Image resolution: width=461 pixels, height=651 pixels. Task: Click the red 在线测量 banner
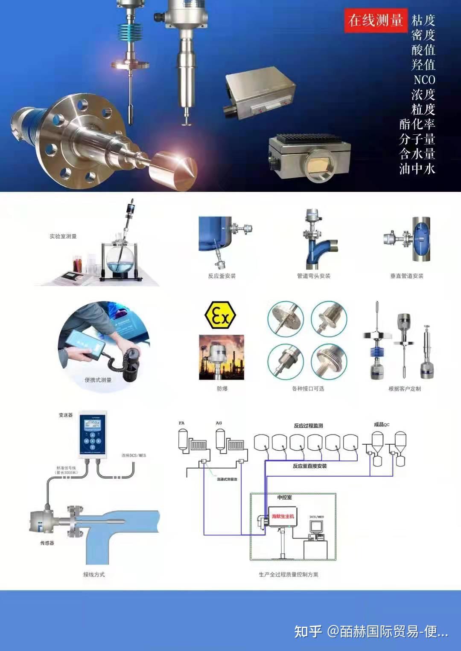point(376,20)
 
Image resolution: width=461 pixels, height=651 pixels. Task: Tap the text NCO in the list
point(424,80)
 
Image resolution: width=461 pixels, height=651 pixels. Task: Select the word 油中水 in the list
point(417,169)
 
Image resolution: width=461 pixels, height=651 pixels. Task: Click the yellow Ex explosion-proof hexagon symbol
point(220,315)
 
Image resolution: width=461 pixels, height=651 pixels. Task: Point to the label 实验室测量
point(63,236)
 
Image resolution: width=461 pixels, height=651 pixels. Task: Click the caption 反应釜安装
point(222,276)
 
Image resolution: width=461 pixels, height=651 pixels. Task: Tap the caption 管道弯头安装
point(313,276)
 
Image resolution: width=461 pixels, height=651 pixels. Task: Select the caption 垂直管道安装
point(406,276)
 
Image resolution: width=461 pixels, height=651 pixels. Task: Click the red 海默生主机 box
point(283,516)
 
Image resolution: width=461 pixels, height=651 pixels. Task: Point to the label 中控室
point(284,497)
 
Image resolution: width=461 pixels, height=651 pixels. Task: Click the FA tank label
point(181,423)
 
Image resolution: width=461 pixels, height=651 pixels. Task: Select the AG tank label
point(219,423)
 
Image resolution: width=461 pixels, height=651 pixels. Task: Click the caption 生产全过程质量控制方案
point(288,574)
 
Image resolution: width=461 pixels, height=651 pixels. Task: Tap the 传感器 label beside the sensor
point(47,543)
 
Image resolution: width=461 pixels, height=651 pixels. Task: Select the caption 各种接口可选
point(308,388)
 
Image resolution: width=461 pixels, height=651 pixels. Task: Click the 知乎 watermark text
point(308,631)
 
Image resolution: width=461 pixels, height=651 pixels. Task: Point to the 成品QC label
point(381,424)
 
